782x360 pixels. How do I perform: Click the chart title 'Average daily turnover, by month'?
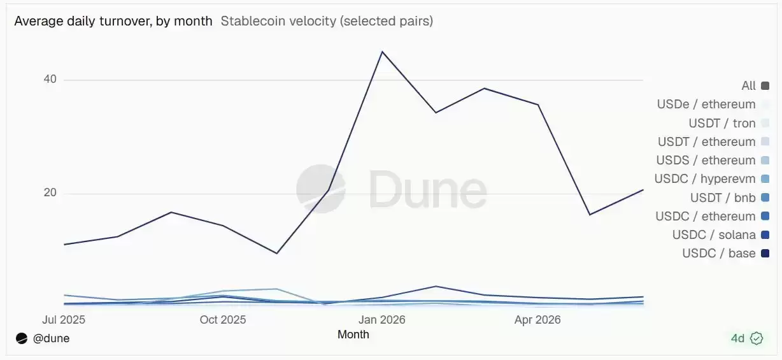coord(113,21)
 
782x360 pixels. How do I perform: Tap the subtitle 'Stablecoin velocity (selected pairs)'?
coord(327,21)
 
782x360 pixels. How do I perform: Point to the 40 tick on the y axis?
coord(50,79)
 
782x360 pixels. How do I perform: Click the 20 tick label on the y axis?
coord(50,192)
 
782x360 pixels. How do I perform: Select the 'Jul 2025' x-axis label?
coord(64,319)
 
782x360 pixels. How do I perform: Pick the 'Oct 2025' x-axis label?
coord(223,319)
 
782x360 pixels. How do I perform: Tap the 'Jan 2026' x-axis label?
coord(382,319)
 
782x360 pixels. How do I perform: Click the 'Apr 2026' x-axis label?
coord(537,319)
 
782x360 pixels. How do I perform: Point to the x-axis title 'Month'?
coord(353,335)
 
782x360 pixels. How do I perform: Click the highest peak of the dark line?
coord(382,52)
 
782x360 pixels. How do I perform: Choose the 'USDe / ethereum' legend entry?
coord(713,104)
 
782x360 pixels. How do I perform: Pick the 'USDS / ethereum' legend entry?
coord(713,161)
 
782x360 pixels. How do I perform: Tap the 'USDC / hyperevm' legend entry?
coord(712,179)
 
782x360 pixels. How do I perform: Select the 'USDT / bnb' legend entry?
coord(730,198)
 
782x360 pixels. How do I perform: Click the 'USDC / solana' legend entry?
coord(721,234)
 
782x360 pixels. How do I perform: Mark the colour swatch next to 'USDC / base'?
coord(765,253)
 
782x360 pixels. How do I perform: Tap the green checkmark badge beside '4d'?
coord(757,338)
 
